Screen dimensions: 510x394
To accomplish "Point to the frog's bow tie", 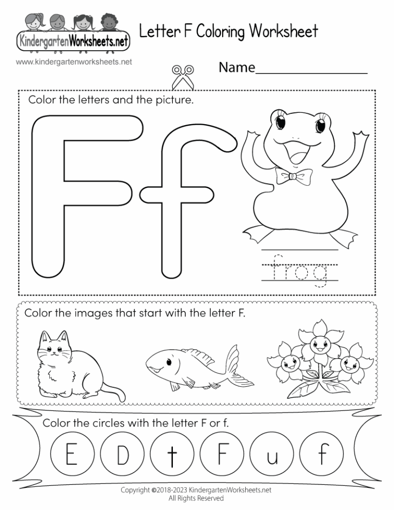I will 292,176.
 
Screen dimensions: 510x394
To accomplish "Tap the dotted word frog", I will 299,270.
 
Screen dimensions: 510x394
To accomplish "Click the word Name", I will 237,67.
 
